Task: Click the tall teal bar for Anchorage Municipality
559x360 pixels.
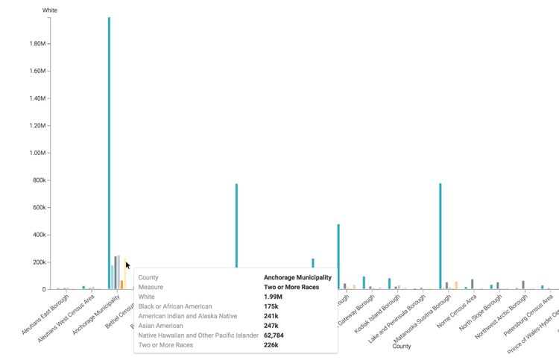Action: [109, 149]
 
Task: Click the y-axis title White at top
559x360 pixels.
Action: [50, 10]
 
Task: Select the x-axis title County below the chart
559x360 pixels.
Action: [402, 347]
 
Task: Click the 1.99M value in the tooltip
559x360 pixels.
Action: [273, 297]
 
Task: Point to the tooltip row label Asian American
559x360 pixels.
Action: [160, 326]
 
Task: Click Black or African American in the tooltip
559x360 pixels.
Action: [175, 306]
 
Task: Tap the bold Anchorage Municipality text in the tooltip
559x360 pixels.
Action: [297, 277]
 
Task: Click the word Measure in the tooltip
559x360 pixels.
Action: [151, 287]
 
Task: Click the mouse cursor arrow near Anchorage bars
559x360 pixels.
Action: [127, 265]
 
